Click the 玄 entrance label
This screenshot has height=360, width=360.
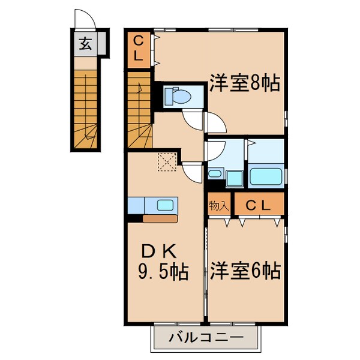point(86,44)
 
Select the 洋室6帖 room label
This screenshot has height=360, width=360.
point(245,271)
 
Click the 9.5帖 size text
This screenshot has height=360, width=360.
point(164,273)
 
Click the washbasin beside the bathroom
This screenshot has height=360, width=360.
point(217,175)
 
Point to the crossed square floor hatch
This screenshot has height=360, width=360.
point(165,161)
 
